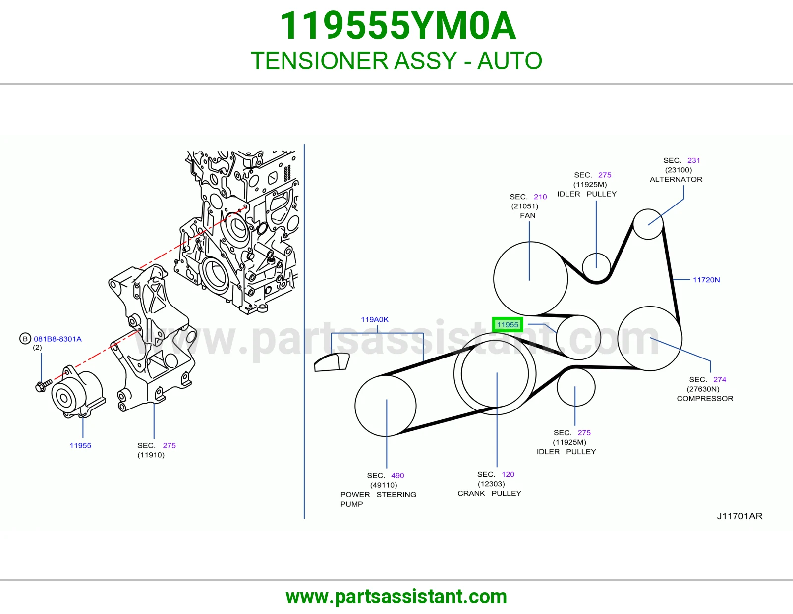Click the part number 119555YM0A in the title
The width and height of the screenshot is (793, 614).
[x=398, y=26]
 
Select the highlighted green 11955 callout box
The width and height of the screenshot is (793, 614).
[x=507, y=324]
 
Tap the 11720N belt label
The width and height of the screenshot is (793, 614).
[x=706, y=280]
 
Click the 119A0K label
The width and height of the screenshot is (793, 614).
[x=374, y=319]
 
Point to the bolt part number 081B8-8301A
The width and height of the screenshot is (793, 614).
[x=57, y=339]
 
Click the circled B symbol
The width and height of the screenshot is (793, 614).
[x=25, y=339]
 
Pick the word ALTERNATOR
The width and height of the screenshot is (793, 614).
[x=676, y=179]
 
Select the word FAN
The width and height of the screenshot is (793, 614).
[x=528, y=215]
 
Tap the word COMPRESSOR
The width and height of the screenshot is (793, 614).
[x=705, y=398]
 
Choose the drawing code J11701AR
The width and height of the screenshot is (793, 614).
[x=739, y=516]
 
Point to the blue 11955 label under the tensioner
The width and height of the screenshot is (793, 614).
[x=80, y=445]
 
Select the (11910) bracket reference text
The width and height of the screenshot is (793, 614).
[x=151, y=455]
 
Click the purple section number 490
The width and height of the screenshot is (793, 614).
[x=397, y=475]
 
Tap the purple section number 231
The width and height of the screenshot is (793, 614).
[x=694, y=160]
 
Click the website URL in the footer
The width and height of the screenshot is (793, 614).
[x=396, y=597]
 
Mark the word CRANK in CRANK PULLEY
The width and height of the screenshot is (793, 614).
[x=471, y=493]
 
